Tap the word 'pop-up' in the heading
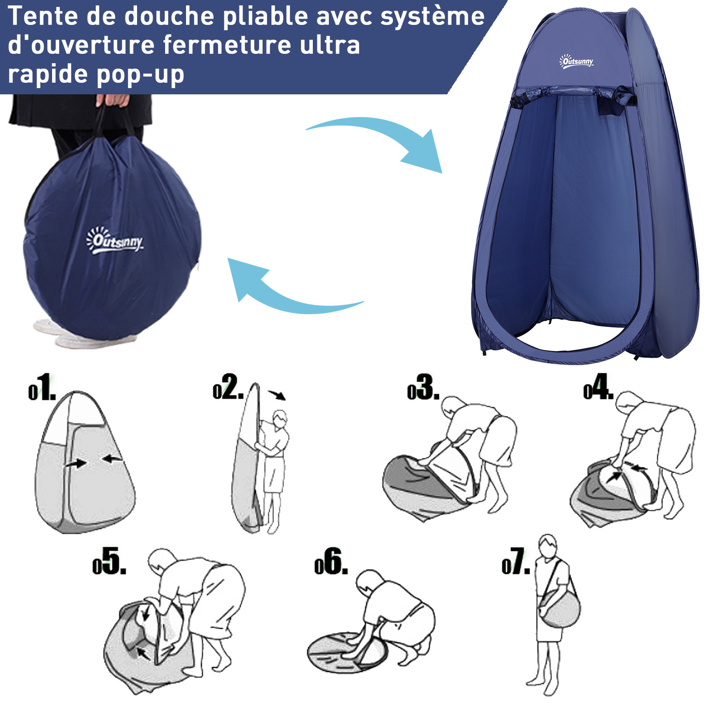(140, 75)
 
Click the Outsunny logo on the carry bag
(115, 240)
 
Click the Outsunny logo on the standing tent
(576, 61)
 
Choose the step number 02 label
(228, 387)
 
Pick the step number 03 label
(423, 387)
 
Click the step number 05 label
(109, 562)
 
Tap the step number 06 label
(331, 562)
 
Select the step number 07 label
(516, 562)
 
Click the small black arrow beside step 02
(277, 395)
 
